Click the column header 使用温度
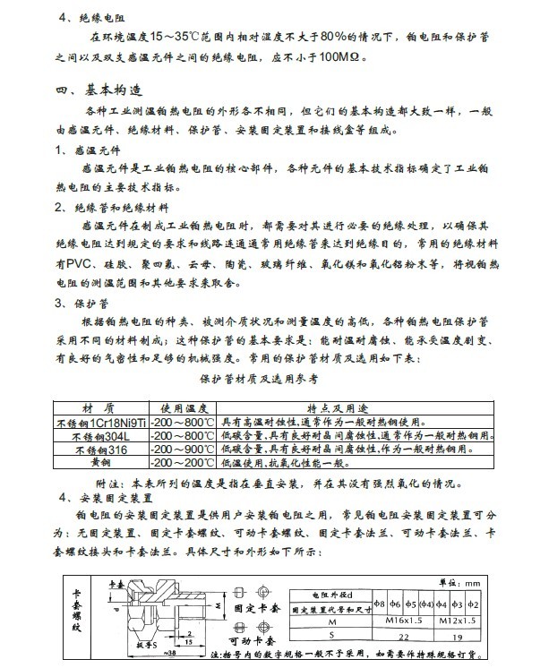[x=182, y=404]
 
